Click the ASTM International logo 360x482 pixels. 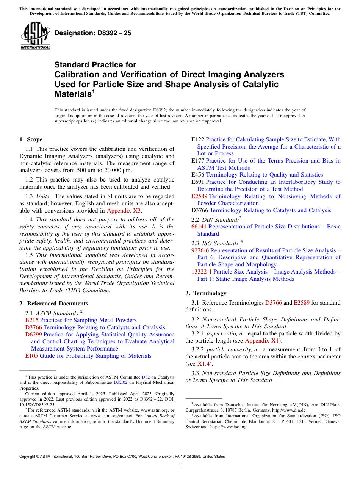pos(35,36)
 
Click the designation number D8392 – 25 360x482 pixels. pos(93,33)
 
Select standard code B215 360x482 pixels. pos(31,320)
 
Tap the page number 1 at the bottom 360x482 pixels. pos(180,466)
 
